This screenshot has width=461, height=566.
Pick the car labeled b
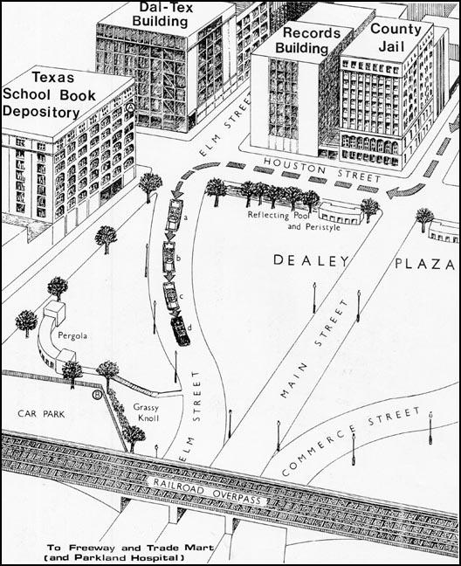(x=169, y=258)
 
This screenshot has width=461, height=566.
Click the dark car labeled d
(x=180, y=329)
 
